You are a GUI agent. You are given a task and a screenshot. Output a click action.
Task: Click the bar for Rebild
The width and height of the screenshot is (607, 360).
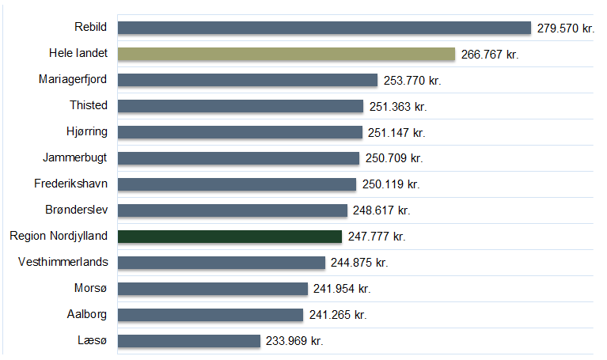click(324, 28)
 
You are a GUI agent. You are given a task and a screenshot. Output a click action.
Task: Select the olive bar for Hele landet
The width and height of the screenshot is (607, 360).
click(286, 54)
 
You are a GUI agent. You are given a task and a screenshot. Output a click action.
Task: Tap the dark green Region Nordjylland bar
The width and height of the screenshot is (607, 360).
click(230, 237)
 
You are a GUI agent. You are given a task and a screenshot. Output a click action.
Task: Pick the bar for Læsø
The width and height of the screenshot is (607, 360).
click(189, 341)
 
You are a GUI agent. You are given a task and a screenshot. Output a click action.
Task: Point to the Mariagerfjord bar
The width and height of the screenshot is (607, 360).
click(248, 80)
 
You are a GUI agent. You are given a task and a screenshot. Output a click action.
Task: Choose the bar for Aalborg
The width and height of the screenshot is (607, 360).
click(211, 315)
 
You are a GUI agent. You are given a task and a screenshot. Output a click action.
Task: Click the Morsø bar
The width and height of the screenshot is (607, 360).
click(213, 289)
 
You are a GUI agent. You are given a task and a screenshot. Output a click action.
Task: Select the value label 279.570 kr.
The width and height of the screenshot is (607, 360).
click(564, 28)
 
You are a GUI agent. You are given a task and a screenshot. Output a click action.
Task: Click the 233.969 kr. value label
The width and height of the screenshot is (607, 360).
click(294, 341)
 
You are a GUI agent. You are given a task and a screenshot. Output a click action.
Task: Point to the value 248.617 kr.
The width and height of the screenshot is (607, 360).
click(381, 210)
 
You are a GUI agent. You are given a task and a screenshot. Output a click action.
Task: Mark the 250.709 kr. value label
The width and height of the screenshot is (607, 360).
click(393, 158)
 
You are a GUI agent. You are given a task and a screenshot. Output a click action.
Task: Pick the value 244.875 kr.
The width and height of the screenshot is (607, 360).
click(359, 263)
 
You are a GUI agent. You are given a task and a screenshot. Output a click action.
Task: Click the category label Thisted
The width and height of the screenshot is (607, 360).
click(89, 105)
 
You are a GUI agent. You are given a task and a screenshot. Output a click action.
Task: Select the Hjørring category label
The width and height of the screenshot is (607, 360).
click(87, 131)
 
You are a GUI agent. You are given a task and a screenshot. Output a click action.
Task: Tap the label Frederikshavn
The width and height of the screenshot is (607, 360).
click(71, 184)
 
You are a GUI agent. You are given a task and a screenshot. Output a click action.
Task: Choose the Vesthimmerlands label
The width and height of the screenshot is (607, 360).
click(63, 262)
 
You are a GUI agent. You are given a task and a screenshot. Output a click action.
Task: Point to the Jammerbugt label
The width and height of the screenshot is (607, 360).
click(75, 157)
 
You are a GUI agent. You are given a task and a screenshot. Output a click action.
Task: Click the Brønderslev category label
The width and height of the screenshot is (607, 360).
click(77, 210)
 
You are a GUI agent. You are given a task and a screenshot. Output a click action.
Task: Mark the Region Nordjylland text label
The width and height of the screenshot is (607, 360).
click(59, 236)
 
